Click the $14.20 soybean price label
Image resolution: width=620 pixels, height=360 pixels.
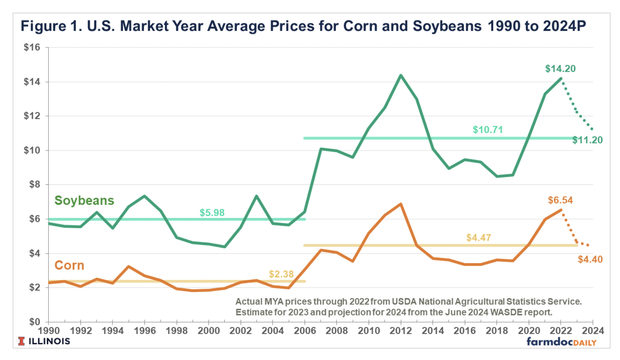560,69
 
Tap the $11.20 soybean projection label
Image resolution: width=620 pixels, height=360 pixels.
587,140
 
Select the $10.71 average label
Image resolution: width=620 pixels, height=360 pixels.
488,130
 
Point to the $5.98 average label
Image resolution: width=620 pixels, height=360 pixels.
212,213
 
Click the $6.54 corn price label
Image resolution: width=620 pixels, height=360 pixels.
560,200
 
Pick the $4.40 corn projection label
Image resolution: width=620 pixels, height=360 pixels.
590,260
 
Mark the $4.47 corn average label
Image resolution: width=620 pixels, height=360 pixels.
479,238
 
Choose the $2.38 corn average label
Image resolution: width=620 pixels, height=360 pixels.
281,274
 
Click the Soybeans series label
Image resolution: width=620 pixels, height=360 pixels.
84,200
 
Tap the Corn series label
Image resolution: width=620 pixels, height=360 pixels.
69,265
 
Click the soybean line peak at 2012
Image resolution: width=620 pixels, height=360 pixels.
400,75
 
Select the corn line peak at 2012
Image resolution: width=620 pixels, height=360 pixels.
400,204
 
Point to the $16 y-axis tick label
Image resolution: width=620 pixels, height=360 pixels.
32,47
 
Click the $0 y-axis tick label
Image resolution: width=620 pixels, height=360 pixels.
35,322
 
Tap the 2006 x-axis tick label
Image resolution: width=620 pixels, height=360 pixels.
305,331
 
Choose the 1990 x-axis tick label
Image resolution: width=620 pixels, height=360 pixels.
49,331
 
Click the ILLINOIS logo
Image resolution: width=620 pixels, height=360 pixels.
44,341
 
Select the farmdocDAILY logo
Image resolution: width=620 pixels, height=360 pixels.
561,342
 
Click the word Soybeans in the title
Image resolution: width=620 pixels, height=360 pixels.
447,26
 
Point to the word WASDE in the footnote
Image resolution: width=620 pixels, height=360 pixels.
506,312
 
